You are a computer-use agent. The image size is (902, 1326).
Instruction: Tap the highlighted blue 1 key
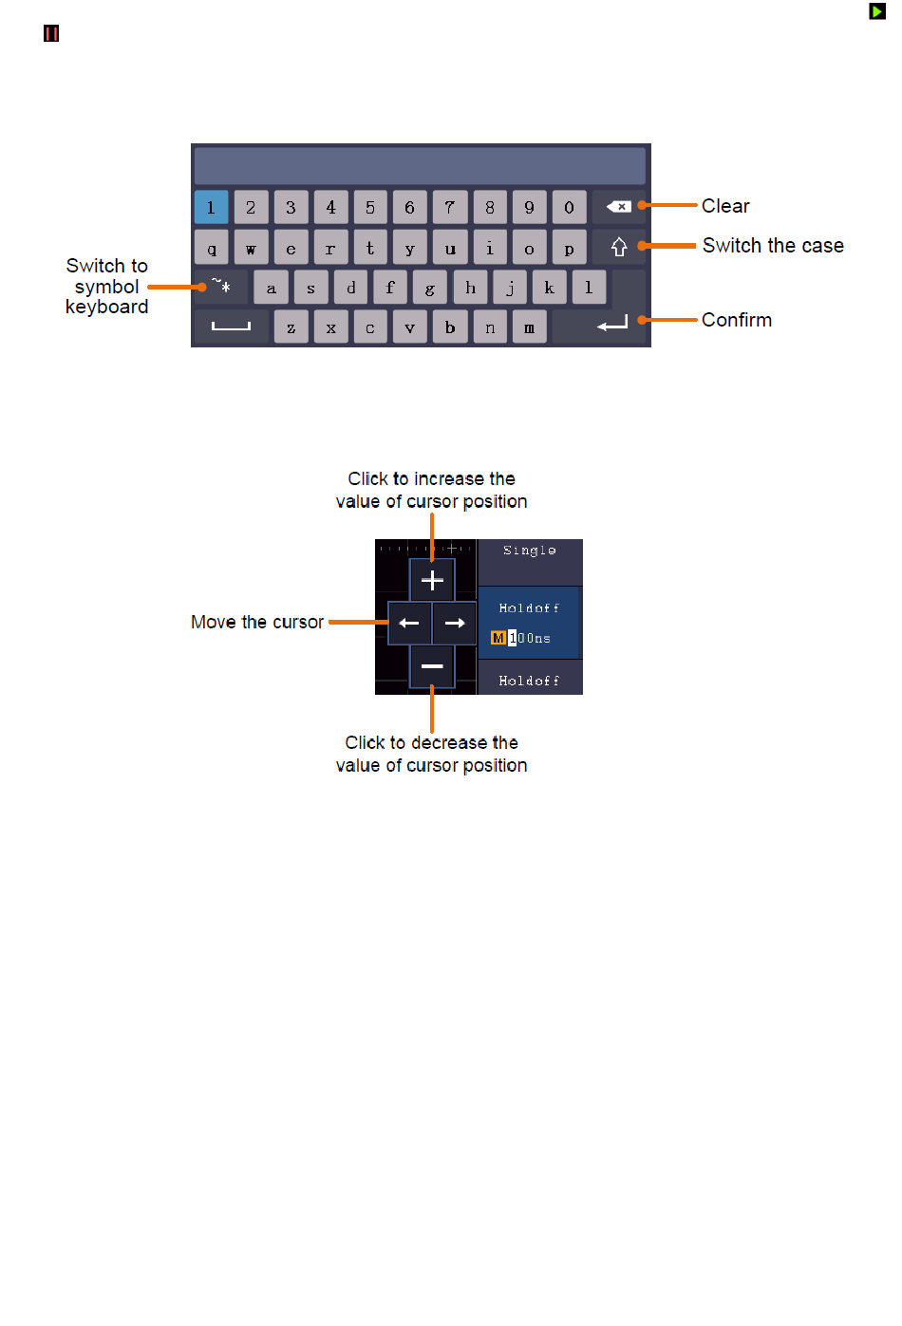point(211,207)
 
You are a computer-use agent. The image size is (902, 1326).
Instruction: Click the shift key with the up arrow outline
point(619,247)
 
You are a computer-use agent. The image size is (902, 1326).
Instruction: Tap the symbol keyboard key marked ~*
point(221,287)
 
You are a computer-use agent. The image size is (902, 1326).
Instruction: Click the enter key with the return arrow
point(611,325)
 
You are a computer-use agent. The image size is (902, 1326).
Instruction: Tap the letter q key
point(211,247)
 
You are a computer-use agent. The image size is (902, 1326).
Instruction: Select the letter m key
point(530,327)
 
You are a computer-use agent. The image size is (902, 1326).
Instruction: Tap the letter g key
point(429,287)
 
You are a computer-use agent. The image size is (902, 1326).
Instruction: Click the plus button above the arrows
point(432,580)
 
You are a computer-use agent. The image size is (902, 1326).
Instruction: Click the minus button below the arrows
point(432,666)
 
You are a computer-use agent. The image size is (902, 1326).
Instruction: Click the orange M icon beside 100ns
point(498,638)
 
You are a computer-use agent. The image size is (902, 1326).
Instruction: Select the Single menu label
point(530,551)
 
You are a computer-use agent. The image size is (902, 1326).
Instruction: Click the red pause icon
point(51,34)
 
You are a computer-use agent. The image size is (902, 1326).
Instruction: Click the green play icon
point(877,11)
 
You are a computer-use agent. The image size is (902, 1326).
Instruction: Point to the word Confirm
point(737,320)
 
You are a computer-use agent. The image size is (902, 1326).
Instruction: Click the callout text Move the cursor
point(257,622)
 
